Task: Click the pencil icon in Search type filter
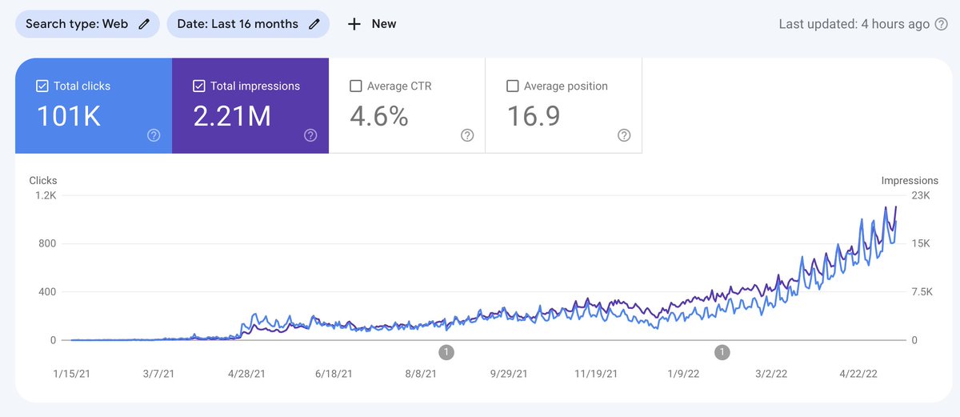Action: click(x=144, y=24)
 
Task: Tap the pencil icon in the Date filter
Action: click(x=314, y=24)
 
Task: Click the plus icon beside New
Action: click(x=354, y=24)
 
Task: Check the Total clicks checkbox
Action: click(x=42, y=86)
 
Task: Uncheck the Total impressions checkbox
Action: click(x=199, y=86)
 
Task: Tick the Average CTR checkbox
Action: click(x=356, y=86)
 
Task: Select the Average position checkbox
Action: click(x=513, y=86)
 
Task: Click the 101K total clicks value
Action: click(x=69, y=117)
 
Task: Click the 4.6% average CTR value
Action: click(x=379, y=117)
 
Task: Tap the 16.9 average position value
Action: click(x=534, y=117)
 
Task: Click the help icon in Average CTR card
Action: click(x=467, y=136)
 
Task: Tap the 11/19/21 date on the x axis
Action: click(x=597, y=374)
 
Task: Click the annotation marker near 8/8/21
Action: click(x=446, y=352)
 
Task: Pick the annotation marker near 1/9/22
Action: click(x=722, y=352)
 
